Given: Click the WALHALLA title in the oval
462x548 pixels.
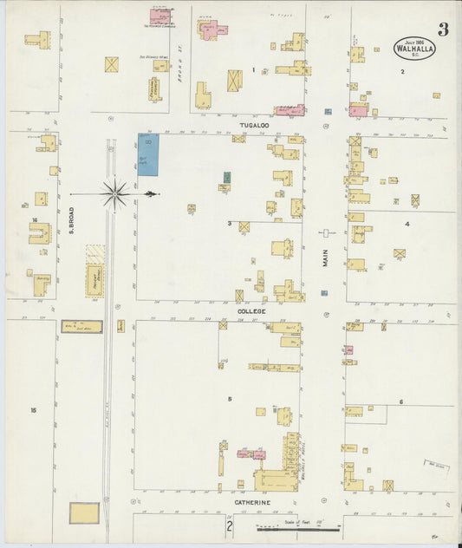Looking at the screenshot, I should coord(415,49).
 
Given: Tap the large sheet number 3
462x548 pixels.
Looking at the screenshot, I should coord(443,30).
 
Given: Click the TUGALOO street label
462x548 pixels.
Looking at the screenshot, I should coord(253,126).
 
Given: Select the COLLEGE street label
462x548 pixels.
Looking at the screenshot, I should coord(252,310).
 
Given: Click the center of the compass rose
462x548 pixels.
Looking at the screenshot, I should coord(114,193).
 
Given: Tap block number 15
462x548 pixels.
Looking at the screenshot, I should coord(34,410).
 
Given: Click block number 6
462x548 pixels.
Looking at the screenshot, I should coord(401,401).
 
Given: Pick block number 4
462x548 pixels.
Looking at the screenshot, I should coord(406,224).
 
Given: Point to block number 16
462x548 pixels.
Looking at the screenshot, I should coord(35,220).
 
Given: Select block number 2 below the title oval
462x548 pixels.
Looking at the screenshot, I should coord(402,71).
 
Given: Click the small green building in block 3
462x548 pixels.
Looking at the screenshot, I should coord(227,178).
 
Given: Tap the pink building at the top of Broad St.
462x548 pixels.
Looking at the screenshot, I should coord(160,16).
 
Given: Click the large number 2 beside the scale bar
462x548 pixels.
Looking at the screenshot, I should coord(230,526).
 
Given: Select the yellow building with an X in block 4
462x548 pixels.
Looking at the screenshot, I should coord(400,254).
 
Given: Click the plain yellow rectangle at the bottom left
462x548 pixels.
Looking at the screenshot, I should coord(84,513).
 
